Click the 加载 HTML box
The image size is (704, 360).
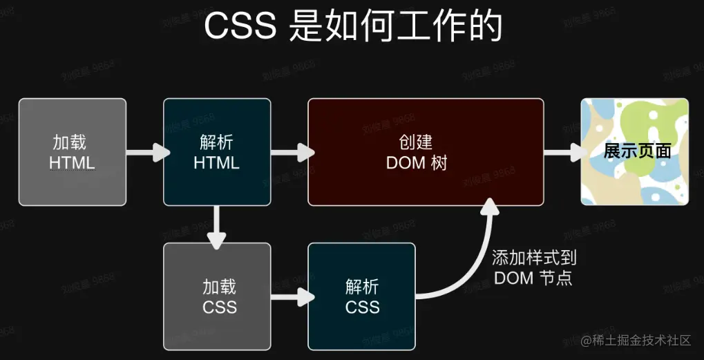pos(73,152)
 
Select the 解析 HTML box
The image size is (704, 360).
pos(217,152)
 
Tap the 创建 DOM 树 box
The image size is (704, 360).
pos(426,152)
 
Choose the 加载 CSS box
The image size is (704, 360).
pos(217,296)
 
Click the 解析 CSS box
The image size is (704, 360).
pos(362,296)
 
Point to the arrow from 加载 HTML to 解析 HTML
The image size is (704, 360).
pos(146,152)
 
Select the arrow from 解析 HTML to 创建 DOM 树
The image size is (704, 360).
pos(290,152)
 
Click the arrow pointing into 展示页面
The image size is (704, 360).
pos(563,152)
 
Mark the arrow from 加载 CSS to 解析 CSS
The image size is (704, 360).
pos(292,296)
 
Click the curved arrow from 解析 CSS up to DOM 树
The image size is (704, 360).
pos(477,263)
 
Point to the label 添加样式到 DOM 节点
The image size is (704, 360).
pos(534,268)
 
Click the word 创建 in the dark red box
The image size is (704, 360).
pos(416,142)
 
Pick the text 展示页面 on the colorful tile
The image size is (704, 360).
pos(637,151)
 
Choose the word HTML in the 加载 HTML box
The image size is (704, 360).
pos(72,163)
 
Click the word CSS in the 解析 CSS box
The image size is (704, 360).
pos(362,306)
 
